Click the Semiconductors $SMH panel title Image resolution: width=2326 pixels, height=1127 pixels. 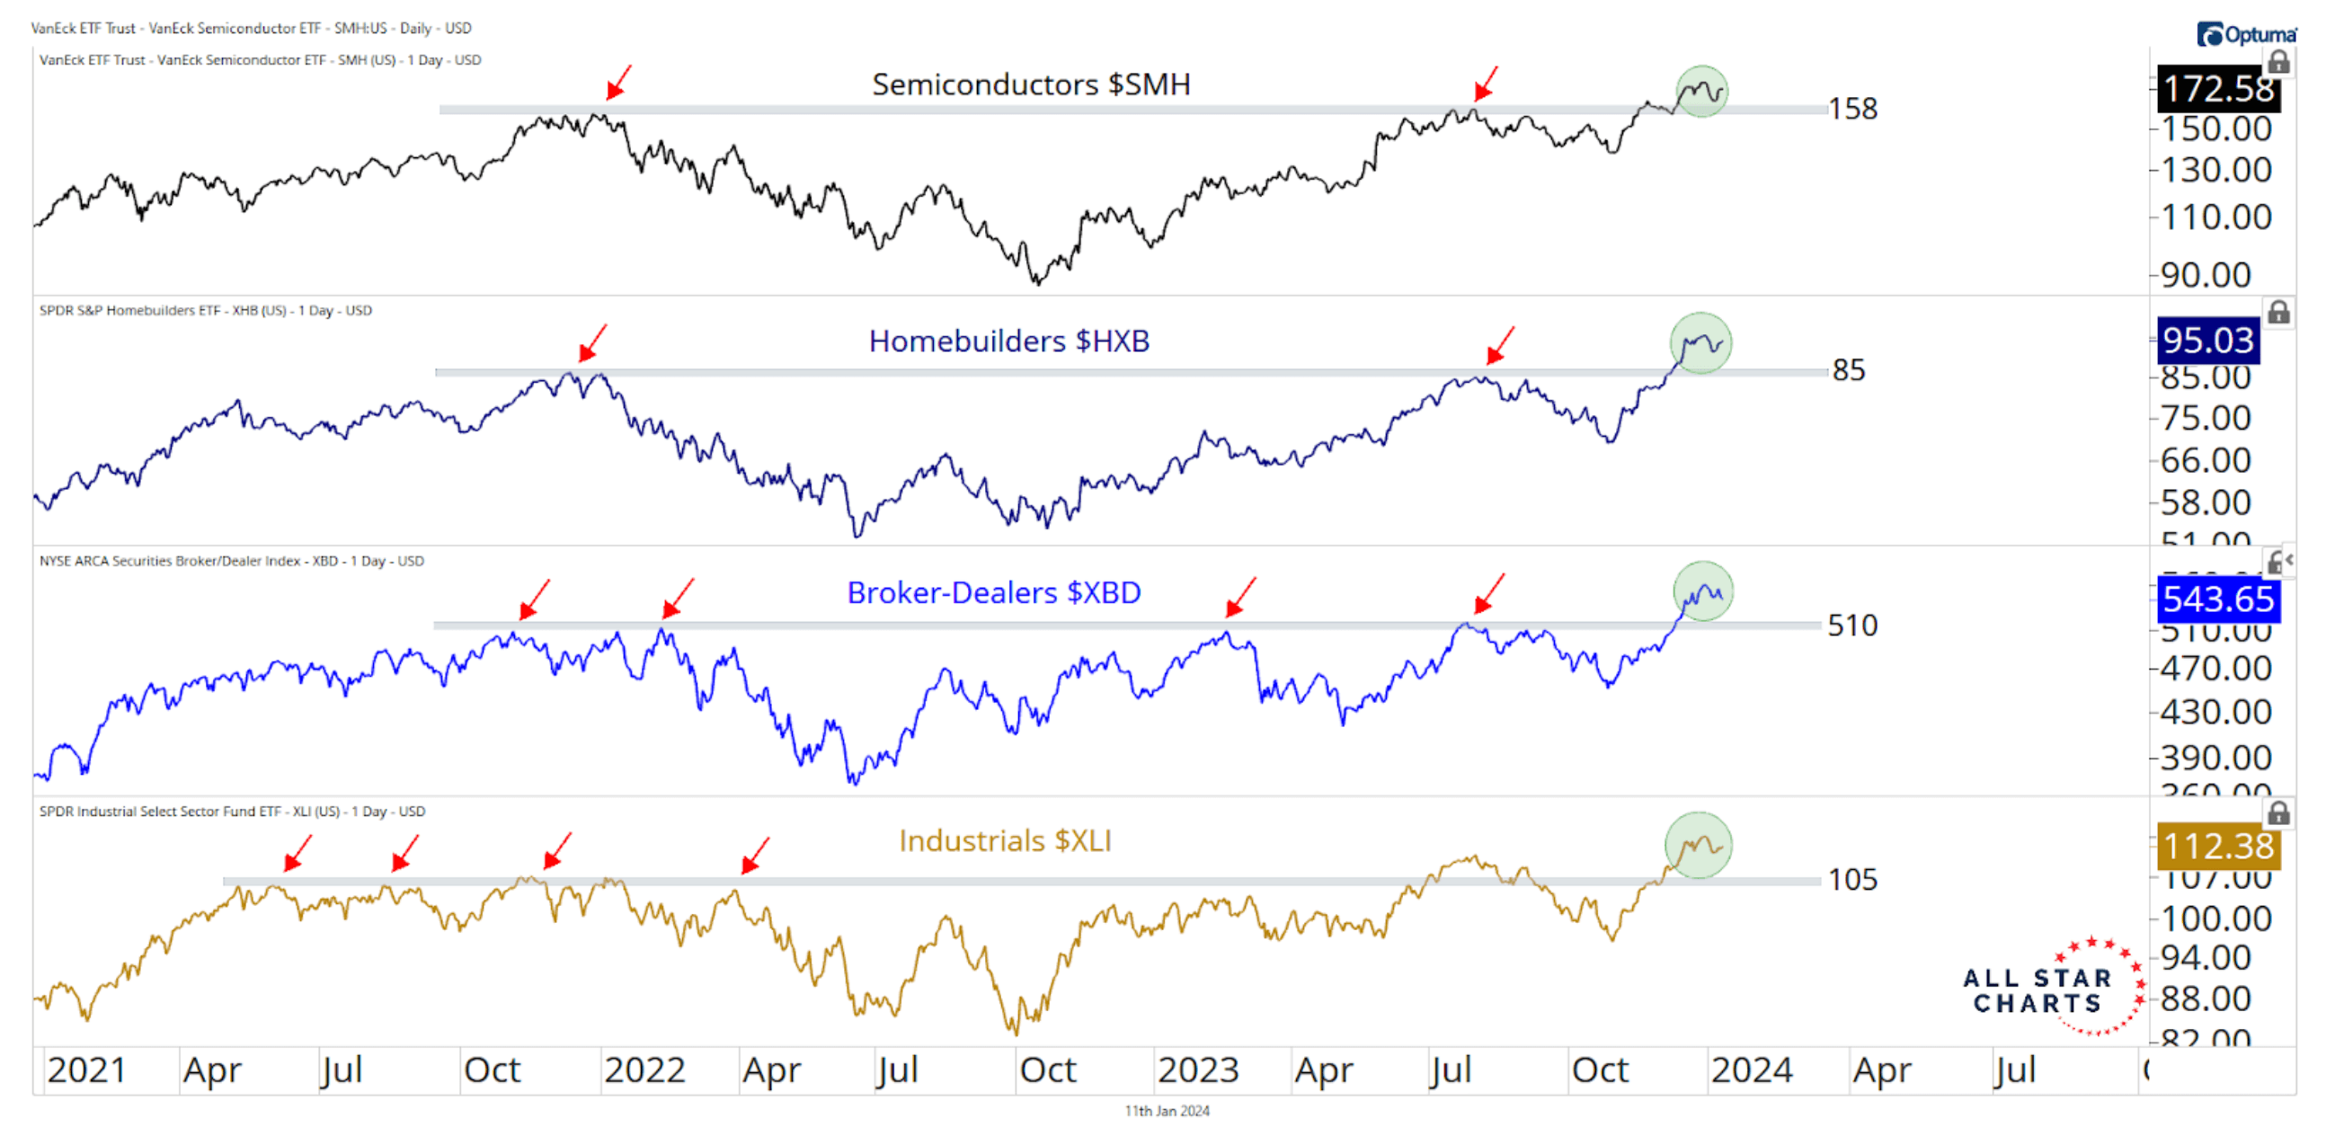click(x=1030, y=84)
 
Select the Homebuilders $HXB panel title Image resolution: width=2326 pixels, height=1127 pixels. click(x=1008, y=342)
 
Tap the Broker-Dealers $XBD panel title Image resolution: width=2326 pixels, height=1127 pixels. click(x=993, y=592)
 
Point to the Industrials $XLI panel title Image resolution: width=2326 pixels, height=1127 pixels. click(x=1004, y=840)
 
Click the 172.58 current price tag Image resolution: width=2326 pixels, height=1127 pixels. click(x=2217, y=88)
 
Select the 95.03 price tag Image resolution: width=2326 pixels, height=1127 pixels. click(x=2207, y=341)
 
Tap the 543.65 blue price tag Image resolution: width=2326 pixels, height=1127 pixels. click(x=2217, y=599)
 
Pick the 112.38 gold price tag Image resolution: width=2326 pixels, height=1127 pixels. click(x=2217, y=847)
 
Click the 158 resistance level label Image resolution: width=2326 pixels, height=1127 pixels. click(x=1853, y=110)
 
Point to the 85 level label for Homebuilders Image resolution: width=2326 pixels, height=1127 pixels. click(x=1849, y=370)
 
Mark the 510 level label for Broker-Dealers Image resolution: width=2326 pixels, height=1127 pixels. click(x=1852, y=625)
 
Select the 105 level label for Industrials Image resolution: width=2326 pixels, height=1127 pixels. click(x=1852, y=880)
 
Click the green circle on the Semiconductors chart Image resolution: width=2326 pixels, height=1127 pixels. click(x=1702, y=91)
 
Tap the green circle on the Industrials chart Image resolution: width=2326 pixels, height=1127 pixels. click(x=1699, y=845)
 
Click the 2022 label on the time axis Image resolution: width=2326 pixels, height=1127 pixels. click(x=644, y=1070)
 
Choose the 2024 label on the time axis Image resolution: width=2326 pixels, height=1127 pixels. click(x=1752, y=1070)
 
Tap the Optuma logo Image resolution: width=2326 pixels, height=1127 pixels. click(x=2247, y=34)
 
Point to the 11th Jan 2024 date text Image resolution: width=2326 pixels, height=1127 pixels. click(x=1167, y=1111)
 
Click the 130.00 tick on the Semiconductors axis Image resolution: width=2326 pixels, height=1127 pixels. click(x=2215, y=170)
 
